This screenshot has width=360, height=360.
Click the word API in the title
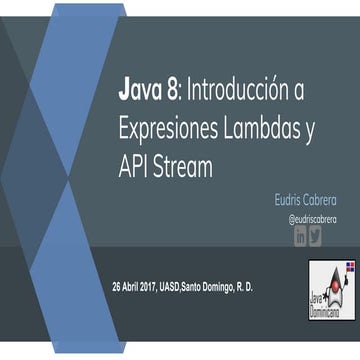tap(134, 166)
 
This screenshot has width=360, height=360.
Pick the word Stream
tap(183, 166)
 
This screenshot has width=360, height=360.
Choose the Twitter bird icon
tap(316, 236)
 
